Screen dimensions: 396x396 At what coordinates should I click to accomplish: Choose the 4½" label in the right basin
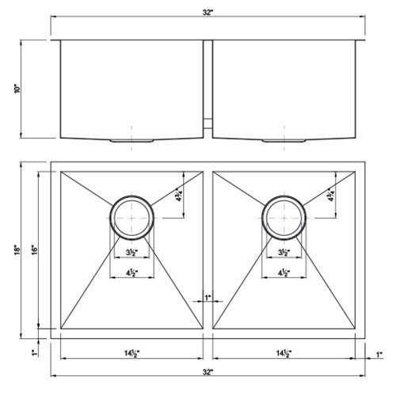[x=283, y=274]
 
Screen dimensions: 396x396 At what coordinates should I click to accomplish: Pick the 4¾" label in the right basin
[x=332, y=195]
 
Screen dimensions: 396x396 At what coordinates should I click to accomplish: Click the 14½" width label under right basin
[x=282, y=352]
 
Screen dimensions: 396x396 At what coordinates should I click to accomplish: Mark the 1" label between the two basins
[x=208, y=297]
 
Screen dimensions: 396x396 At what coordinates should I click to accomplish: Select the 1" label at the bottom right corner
[x=379, y=352]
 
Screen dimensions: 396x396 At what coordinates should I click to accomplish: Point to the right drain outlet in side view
[x=283, y=139]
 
